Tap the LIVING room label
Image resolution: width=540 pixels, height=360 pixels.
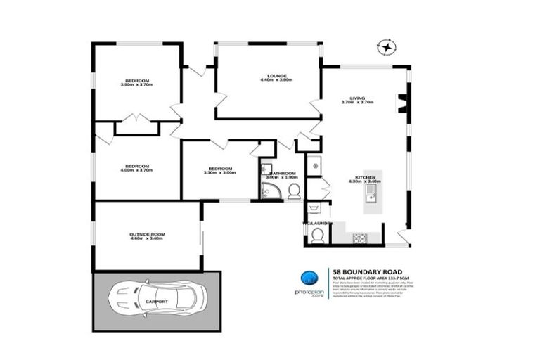tap(356, 98)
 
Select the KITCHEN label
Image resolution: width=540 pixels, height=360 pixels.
tap(364, 176)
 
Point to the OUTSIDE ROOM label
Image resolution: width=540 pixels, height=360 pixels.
tap(146, 234)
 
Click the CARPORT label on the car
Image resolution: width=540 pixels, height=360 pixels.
tap(156, 302)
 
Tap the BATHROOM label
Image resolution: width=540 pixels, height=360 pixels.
tap(283, 173)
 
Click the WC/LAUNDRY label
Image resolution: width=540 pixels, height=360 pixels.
tap(317, 223)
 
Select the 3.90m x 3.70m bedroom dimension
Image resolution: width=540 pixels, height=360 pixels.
tap(136, 85)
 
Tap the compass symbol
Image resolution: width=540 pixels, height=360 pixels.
tap(386, 47)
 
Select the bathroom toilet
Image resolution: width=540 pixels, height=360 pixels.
tap(293, 191)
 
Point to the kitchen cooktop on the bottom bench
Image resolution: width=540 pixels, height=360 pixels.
tap(360, 238)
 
